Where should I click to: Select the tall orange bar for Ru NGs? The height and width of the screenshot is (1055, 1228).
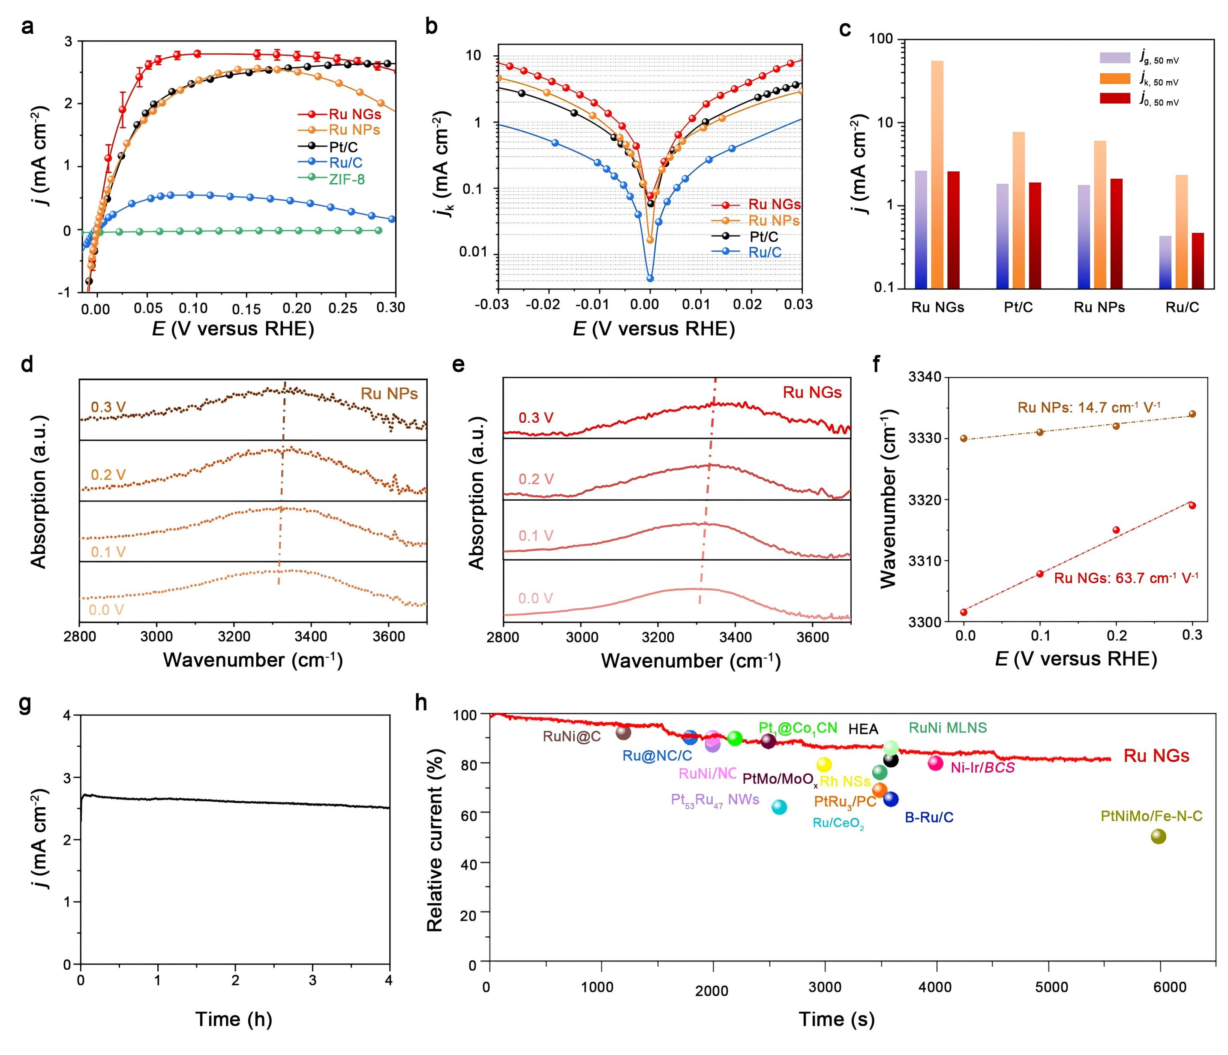937,175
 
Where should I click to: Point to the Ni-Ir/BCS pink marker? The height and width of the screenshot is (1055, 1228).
935,763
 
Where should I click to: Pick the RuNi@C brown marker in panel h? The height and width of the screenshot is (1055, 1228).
624,733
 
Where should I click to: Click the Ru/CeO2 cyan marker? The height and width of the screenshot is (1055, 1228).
779,807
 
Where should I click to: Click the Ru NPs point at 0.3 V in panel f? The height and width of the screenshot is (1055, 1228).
1192,414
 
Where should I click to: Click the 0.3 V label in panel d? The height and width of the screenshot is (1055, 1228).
108,408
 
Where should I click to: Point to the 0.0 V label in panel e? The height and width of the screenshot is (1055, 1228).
536,598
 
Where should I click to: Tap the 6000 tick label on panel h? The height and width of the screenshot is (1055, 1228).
1170,987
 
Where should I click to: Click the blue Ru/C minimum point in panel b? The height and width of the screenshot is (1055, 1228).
650,278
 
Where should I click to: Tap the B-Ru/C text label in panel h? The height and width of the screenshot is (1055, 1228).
929,818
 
